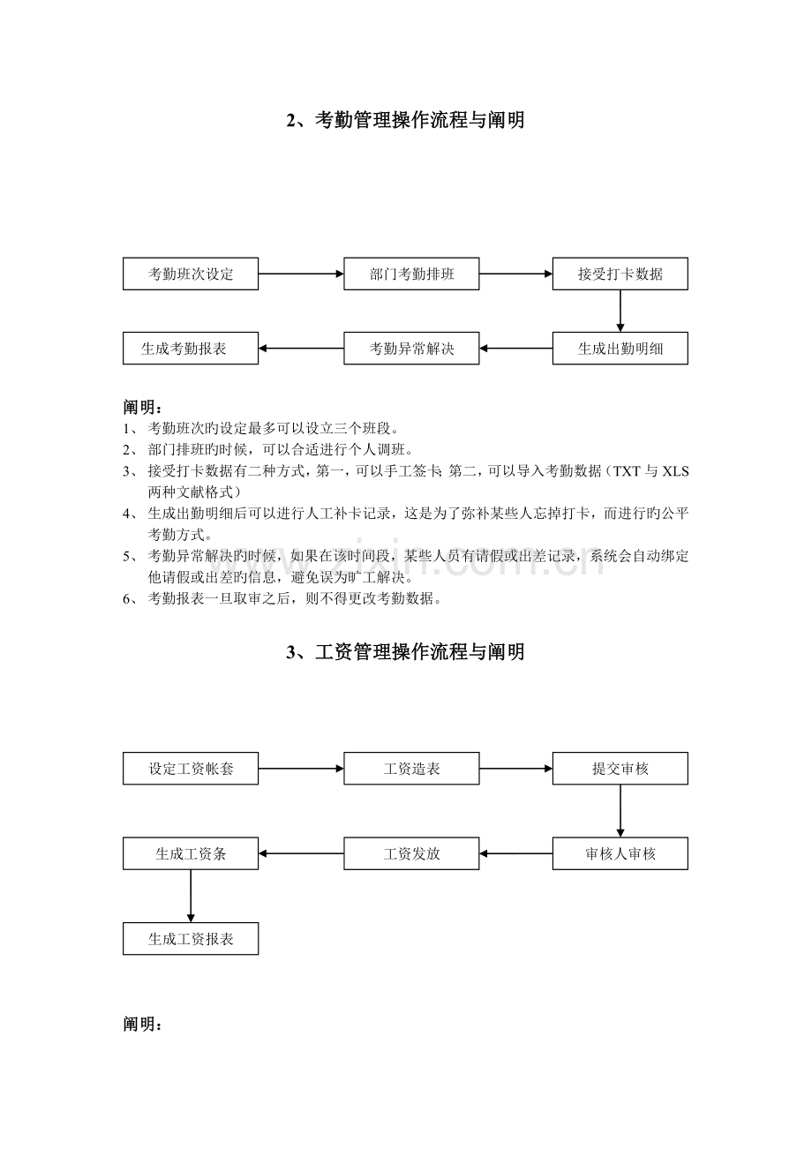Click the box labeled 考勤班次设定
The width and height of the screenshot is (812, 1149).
[x=191, y=274]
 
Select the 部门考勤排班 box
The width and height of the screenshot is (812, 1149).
[x=411, y=274]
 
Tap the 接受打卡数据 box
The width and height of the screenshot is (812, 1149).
[x=620, y=274]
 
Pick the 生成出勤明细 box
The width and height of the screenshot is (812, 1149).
[x=620, y=349]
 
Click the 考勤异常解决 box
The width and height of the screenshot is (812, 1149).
[x=411, y=349]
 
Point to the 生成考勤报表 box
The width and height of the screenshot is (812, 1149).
[x=191, y=349]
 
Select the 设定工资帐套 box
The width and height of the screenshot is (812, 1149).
[x=191, y=769]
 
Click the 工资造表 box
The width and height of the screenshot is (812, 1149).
[x=411, y=769]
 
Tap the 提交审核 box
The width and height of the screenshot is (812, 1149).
[x=620, y=769]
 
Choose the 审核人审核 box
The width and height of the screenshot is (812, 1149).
[x=620, y=853]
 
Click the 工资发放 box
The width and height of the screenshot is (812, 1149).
[x=411, y=853]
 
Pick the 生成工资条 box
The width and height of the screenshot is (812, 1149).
[x=191, y=853]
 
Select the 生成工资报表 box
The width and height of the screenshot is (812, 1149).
[x=191, y=939]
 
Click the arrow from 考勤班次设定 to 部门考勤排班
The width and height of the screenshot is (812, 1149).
[x=301, y=274]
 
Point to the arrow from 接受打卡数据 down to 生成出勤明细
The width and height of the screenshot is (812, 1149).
[x=620, y=311]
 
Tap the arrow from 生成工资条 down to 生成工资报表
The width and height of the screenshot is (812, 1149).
[x=191, y=896]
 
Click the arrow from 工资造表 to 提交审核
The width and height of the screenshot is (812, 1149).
[x=515, y=769]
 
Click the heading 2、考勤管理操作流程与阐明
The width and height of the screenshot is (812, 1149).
[x=406, y=121]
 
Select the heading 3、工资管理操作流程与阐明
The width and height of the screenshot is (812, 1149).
[x=406, y=652]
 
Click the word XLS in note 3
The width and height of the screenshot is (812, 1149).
[x=675, y=471]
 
